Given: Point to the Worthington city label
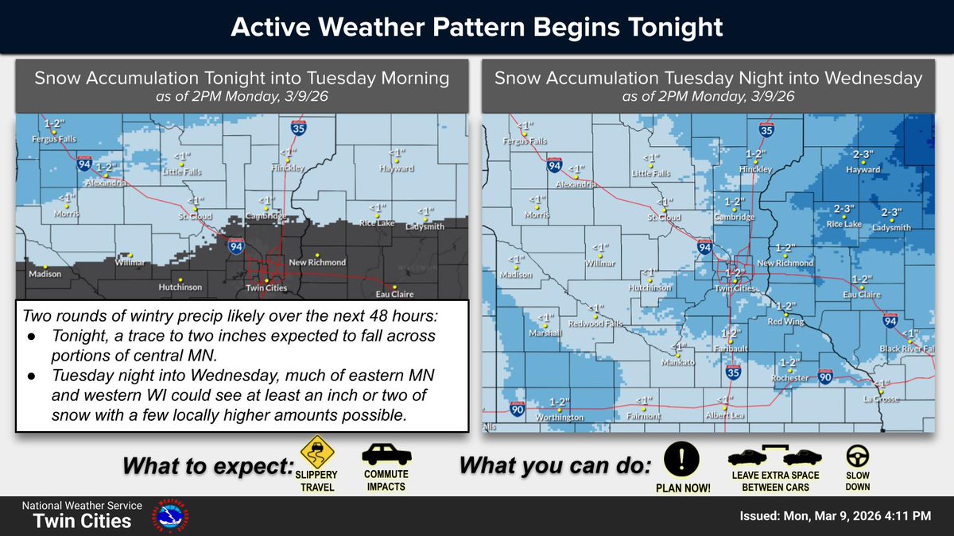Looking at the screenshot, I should tap(560, 417).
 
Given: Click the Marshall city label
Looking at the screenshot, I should tap(546, 334).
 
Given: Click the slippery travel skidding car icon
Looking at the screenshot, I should tap(317, 453).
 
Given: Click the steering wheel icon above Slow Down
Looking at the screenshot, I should tap(857, 456).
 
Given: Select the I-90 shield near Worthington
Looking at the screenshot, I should tap(517, 408).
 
